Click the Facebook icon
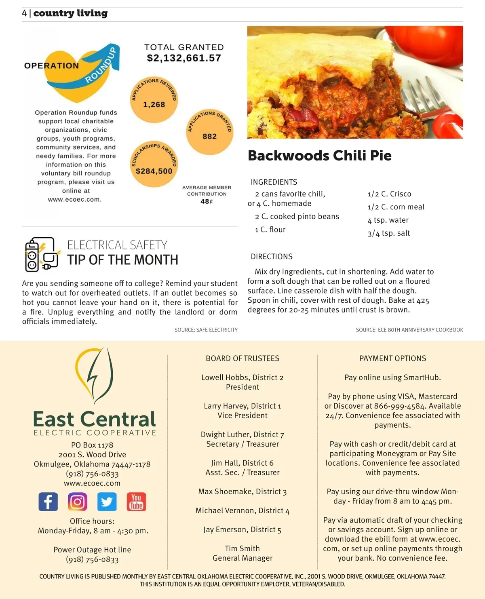pos(48,502)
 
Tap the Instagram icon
pos(78,502)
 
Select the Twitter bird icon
pos(107,502)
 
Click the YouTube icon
pos(136,502)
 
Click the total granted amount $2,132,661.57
pos(184,58)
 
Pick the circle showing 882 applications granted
pos(209,132)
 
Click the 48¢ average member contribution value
pos(207,201)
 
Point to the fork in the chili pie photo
pos(424,97)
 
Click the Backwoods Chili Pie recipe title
pos(319,156)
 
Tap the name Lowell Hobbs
pos(225,378)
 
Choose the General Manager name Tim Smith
pos(242,548)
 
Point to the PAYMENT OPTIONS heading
pos(392,359)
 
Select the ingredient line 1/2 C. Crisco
pos(389,194)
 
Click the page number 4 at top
pos(25,13)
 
